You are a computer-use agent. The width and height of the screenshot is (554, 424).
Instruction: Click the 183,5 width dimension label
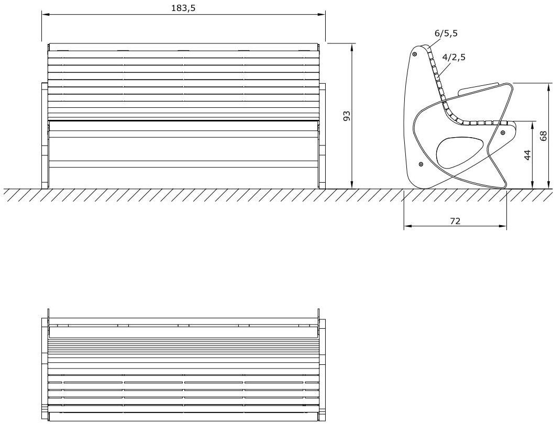(x=183, y=8)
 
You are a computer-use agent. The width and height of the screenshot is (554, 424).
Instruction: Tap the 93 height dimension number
(x=347, y=116)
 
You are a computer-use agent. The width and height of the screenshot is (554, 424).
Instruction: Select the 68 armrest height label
(x=544, y=136)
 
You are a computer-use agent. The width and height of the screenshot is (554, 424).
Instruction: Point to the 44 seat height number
(x=527, y=155)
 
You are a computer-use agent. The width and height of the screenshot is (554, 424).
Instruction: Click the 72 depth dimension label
(x=456, y=221)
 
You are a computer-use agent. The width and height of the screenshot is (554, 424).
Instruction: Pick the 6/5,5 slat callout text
(x=446, y=33)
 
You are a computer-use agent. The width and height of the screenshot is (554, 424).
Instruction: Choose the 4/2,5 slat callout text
(x=454, y=57)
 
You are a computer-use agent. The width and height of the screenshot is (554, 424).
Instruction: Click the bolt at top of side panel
(x=415, y=54)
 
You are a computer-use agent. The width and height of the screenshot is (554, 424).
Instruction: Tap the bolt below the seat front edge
(x=503, y=132)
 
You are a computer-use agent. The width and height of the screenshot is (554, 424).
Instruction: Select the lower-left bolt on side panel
(x=421, y=164)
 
